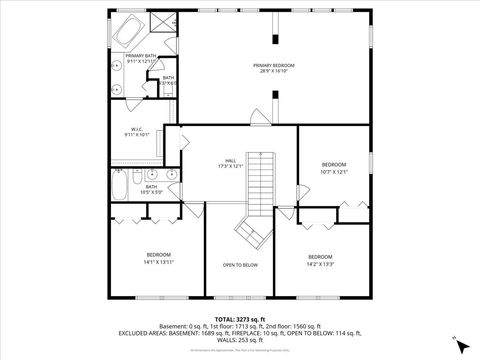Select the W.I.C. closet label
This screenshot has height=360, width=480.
point(136,131)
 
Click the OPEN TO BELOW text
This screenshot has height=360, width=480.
point(240,265)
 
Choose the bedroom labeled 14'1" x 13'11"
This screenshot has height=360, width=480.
point(158,258)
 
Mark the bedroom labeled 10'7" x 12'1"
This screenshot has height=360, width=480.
point(333,167)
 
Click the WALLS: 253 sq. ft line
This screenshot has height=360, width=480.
point(240,339)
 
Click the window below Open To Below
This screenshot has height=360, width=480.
point(240,299)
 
